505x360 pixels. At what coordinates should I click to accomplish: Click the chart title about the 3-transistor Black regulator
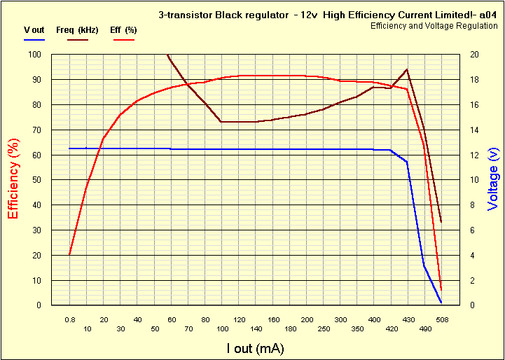[x=327, y=15]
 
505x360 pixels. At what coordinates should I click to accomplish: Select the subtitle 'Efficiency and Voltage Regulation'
[x=429, y=25]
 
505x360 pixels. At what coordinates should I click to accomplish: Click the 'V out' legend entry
[x=34, y=30]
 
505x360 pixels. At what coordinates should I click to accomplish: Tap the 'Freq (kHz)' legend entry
[x=77, y=30]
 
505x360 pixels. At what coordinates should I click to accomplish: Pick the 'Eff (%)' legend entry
[x=123, y=30]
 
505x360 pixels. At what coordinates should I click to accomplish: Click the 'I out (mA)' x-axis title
[x=255, y=348]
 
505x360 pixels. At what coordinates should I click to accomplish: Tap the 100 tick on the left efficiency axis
[x=34, y=55]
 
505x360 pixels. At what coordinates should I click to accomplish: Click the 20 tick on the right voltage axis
[x=474, y=55]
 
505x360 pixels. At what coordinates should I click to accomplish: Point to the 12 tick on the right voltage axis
[x=474, y=155]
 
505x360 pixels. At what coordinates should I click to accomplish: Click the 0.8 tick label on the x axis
[x=69, y=319]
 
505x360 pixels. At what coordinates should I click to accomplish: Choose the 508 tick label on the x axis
[x=441, y=319]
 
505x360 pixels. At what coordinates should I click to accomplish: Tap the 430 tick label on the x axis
[x=407, y=319]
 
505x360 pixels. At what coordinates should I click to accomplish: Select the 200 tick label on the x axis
[x=306, y=319]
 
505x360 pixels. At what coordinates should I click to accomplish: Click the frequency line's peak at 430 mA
[x=407, y=69]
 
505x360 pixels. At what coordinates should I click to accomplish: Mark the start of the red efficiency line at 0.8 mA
[x=69, y=255]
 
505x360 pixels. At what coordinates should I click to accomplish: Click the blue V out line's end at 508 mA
[x=441, y=303]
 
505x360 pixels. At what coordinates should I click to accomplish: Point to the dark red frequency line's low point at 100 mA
[x=221, y=122]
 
